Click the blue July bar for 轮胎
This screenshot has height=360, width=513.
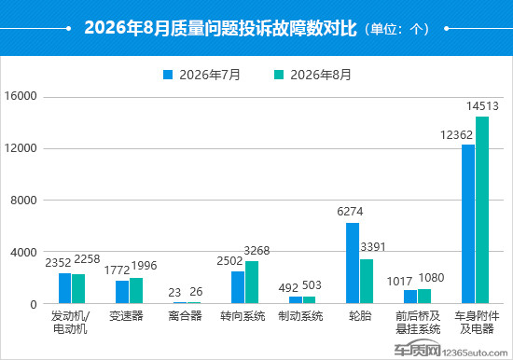coord(353,263)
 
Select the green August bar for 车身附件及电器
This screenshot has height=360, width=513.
coord(482,210)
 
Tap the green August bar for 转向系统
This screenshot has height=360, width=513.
coord(252,282)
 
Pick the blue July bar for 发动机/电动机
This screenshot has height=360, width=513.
coord(64,288)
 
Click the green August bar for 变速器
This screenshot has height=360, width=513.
coord(136,291)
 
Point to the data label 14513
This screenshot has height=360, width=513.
coord(482,106)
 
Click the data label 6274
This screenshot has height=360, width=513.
coord(350,212)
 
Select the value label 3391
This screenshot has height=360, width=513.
coord(373,247)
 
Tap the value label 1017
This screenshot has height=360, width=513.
coord(399,282)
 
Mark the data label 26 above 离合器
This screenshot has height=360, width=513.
coord(196,292)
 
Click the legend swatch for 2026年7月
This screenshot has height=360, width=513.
coord(168,75)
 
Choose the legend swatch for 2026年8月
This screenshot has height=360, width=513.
coord(279,75)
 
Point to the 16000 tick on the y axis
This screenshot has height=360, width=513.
coord(21,96)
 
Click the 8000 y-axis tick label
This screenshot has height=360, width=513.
coord(23,201)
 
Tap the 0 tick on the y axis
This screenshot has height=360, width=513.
coord(34,305)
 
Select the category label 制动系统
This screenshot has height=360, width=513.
coord(300,316)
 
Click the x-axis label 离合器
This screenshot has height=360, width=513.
coord(185,316)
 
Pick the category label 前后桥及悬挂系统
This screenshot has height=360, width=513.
coord(418,323)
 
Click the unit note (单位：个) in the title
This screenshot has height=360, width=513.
coord(396,29)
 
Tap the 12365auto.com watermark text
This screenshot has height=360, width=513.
coord(475,353)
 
